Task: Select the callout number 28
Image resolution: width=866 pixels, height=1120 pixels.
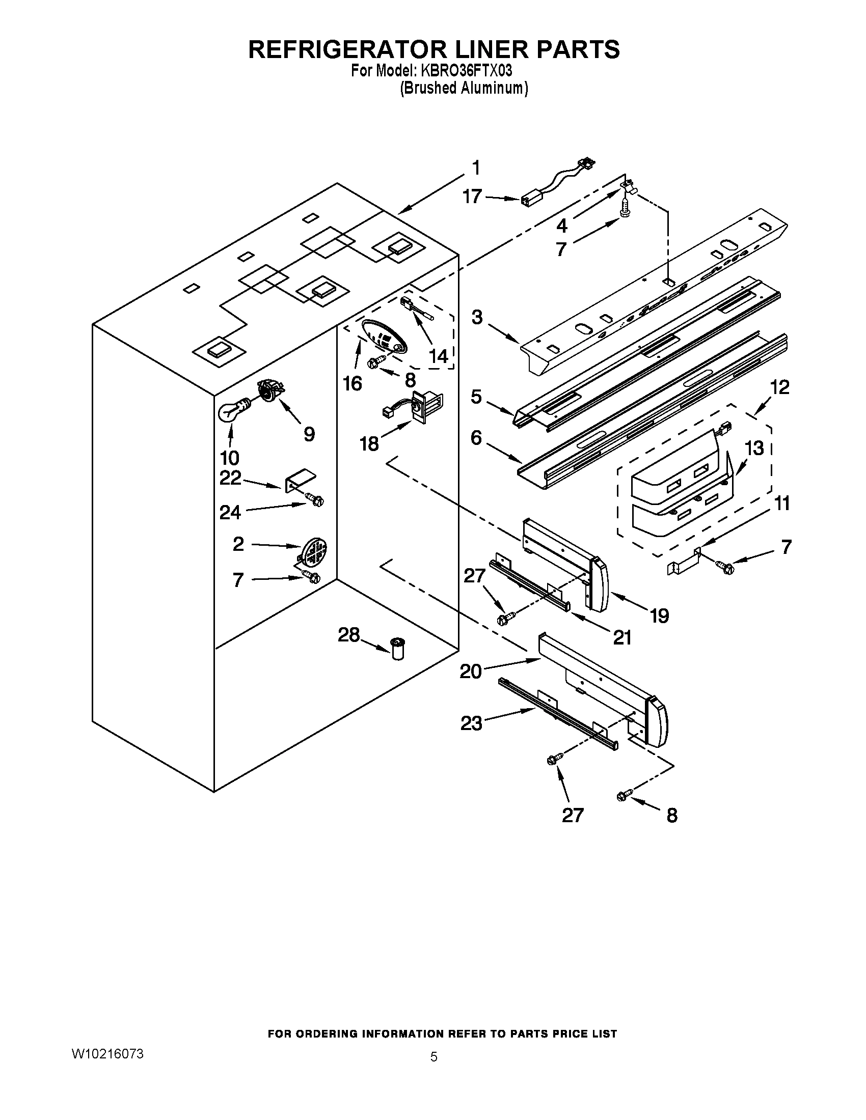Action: click(348, 635)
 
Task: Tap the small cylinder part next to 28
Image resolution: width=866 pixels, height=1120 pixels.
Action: click(398, 648)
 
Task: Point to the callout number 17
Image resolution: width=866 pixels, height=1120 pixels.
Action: click(472, 197)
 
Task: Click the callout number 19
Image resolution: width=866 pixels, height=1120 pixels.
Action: click(659, 615)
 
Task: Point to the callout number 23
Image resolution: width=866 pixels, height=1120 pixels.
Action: click(471, 723)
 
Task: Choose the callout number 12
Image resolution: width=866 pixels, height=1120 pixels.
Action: click(779, 387)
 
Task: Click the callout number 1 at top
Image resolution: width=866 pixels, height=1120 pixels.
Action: click(476, 167)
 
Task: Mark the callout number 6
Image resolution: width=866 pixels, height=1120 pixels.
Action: click(476, 437)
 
